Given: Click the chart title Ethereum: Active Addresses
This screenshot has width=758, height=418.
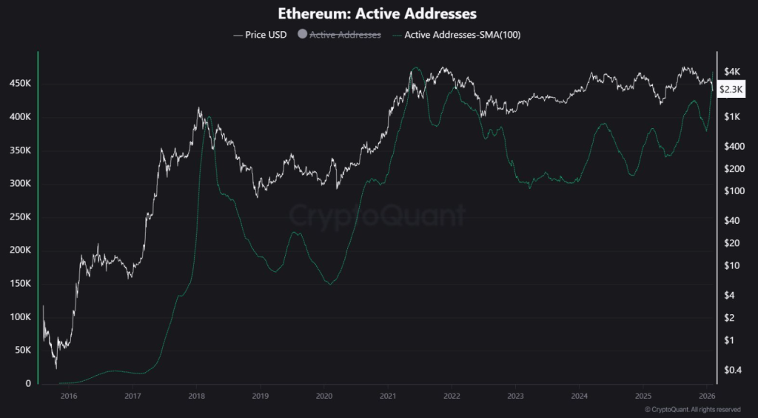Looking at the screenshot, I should [x=378, y=13].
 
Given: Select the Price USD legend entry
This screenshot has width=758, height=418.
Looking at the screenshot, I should [x=260, y=34].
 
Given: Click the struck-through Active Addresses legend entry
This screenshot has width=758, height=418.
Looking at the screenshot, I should [x=345, y=34].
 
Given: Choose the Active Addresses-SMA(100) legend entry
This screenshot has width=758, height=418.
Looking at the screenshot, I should [x=457, y=34].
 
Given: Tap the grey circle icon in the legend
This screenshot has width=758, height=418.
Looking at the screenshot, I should [x=302, y=34].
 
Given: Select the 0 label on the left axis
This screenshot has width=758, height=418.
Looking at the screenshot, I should [x=28, y=383].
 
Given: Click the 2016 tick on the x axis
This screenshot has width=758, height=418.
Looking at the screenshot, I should [x=69, y=397].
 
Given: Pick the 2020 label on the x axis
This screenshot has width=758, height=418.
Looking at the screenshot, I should [x=323, y=397].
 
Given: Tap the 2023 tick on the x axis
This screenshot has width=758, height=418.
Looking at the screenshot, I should [x=515, y=397].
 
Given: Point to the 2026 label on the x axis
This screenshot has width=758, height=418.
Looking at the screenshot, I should [x=707, y=397].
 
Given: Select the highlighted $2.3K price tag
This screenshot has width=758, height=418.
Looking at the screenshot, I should [x=731, y=89].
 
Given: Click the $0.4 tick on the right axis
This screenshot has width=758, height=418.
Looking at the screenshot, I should [x=731, y=370].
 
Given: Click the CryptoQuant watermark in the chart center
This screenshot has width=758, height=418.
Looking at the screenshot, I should [x=378, y=216].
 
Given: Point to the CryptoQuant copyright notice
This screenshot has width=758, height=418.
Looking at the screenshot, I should [x=692, y=409].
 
